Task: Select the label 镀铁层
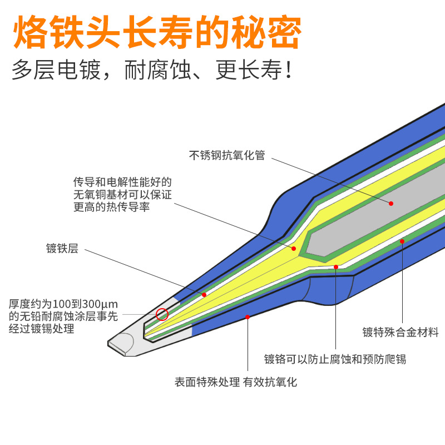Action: (62, 249)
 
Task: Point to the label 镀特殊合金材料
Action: (400, 333)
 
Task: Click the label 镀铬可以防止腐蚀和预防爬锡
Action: (335, 359)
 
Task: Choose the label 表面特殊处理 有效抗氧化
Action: (236, 382)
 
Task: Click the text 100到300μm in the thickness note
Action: (85, 304)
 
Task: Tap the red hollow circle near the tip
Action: (162, 314)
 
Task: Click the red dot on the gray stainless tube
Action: (391, 203)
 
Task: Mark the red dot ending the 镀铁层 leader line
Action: (204, 294)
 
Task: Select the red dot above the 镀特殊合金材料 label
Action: (402, 241)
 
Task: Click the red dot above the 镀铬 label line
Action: (336, 267)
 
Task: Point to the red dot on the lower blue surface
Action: (248, 317)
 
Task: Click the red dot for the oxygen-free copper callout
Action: (294, 248)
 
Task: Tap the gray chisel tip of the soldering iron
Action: (125, 344)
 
